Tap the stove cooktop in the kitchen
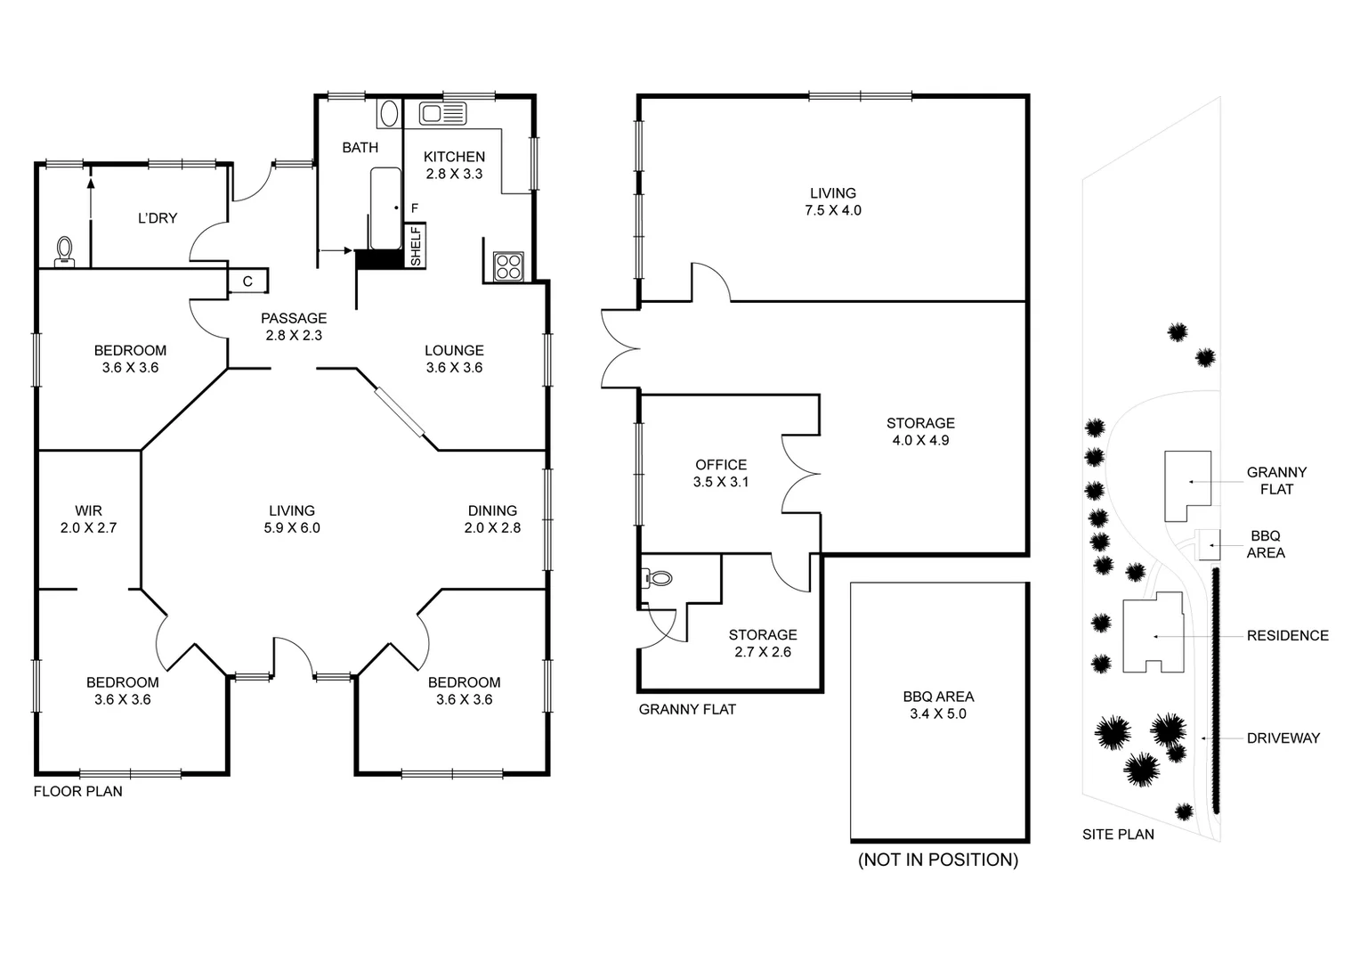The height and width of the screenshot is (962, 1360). click(508, 265)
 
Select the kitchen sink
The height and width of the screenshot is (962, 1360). click(442, 113)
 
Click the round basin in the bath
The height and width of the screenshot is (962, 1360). click(389, 113)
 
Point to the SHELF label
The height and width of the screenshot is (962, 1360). click(416, 245)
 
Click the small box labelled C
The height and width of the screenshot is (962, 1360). click(247, 281)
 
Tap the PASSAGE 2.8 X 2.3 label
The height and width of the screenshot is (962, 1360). click(294, 326)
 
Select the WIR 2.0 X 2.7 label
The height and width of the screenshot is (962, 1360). click(88, 518)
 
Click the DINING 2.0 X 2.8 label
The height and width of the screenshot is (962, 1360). click(492, 518)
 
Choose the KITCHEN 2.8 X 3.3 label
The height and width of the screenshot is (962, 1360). click(454, 165)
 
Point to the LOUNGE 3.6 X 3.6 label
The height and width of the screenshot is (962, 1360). click(454, 358)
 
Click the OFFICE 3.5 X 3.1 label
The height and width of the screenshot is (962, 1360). click(721, 473)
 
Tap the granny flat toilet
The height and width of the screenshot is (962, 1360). click(658, 578)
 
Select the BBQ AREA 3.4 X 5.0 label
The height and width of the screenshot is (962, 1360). click(938, 705)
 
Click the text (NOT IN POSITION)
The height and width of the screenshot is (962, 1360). click(938, 860)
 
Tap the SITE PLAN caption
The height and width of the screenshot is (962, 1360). click(1118, 835)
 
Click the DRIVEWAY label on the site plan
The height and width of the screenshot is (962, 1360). click(1283, 738)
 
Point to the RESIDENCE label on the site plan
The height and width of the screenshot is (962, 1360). click(1287, 635)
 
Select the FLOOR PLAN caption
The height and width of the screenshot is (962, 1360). click(77, 791)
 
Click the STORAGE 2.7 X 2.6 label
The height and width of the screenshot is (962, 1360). click(763, 643)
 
